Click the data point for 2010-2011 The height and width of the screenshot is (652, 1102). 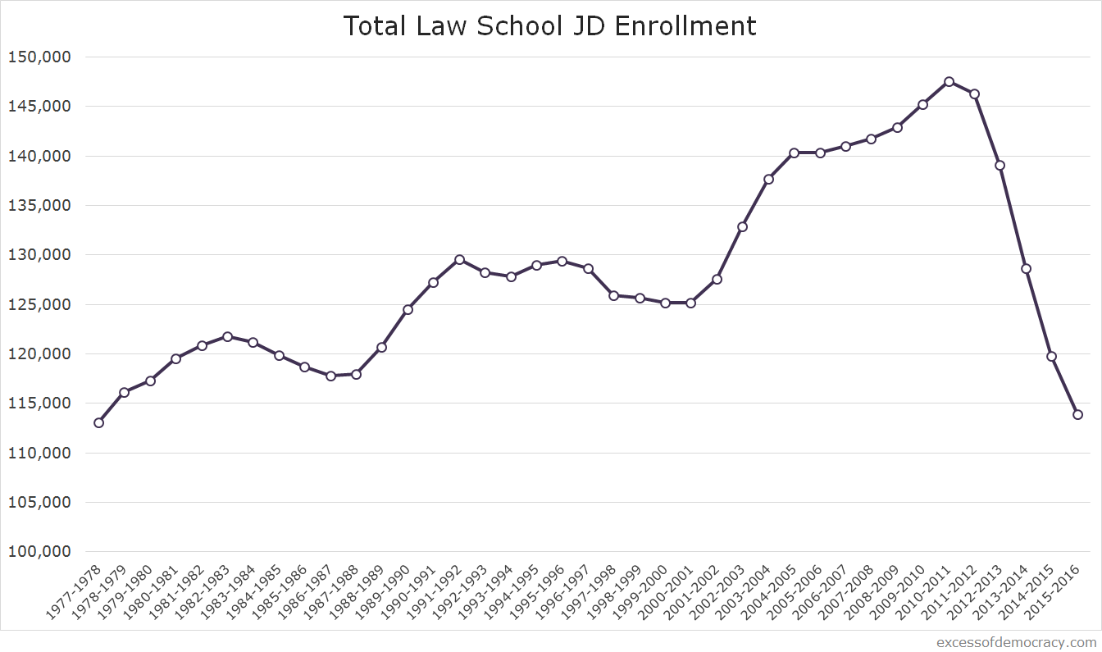(949, 82)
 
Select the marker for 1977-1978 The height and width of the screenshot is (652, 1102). (98, 422)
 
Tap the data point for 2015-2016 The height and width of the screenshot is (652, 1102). (1077, 414)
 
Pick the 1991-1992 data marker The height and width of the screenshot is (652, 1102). (459, 259)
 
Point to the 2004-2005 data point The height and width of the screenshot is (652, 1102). (794, 153)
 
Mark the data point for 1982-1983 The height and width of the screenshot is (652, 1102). (227, 336)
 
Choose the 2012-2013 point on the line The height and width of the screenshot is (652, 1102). (1000, 165)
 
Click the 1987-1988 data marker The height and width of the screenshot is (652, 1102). (356, 374)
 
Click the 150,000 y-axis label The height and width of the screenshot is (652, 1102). (39, 57)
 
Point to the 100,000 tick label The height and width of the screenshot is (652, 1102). (39, 552)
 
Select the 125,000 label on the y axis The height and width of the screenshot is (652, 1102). (39, 305)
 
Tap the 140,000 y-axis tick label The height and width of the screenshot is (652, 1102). (39, 156)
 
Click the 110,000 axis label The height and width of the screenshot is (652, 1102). (39, 453)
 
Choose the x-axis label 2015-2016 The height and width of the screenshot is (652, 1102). (1055, 591)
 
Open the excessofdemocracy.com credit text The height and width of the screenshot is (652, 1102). (1016, 642)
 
